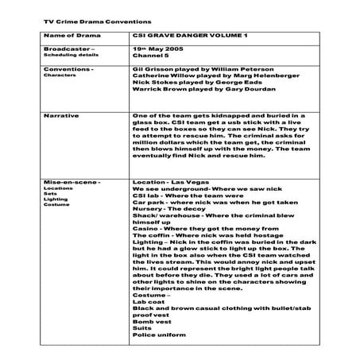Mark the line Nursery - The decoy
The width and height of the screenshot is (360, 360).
point(167,215)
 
